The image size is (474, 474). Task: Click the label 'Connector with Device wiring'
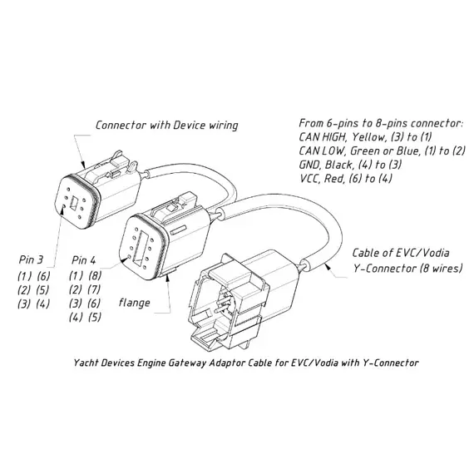tap(167, 125)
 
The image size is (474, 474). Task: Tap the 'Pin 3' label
tap(31, 259)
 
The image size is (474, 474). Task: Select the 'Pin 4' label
tap(83, 260)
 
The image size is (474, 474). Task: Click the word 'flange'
tap(134, 303)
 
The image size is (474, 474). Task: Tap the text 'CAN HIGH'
tap(323, 137)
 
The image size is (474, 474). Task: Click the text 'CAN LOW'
tap(321, 151)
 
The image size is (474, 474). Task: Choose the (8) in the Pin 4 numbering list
tap(95, 275)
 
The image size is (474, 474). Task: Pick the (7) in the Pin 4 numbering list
tap(94, 289)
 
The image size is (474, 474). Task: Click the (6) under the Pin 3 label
tap(43, 276)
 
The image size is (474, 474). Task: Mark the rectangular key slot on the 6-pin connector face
tap(73, 203)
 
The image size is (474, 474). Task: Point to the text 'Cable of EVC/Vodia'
tap(401, 253)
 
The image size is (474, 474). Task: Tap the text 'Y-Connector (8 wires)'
tap(408, 268)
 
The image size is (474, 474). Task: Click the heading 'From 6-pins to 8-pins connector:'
tap(381, 123)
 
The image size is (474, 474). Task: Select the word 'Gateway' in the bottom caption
tap(188, 363)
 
